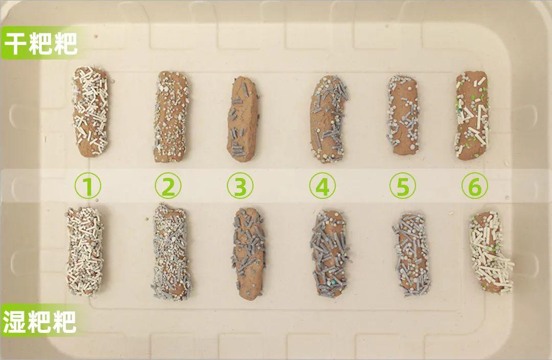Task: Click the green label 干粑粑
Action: click(x=40, y=43)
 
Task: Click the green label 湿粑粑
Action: click(x=39, y=321)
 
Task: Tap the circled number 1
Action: click(x=88, y=186)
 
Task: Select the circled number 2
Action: click(x=168, y=186)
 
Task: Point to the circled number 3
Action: click(x=240, y=186)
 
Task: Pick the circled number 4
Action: click(x=323, y=186)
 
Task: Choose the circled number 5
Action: click(x=403, y=186)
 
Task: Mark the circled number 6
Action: click(x=475, y=186)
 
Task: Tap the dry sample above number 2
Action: click(x=171, y=117)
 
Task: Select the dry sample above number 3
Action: click(x=243, y=119)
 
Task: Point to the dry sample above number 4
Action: click(x=329, y=119)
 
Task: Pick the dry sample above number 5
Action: click(x=403, y=115)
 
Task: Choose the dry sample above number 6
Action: click(x=473, y=116)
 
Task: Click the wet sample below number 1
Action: click(x=85, y=251)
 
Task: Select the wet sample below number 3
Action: click(x=248, y=254)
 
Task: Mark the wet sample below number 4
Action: click(x=330, y=254)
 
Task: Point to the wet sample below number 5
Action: click(x=411, y=254)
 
